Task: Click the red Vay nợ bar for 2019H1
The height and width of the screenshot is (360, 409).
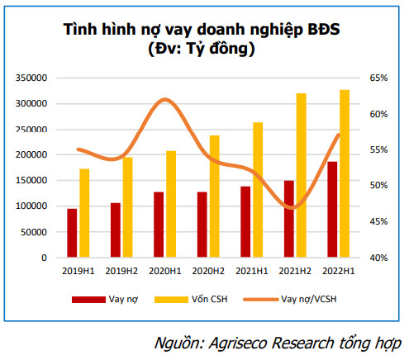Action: tap(73, 233)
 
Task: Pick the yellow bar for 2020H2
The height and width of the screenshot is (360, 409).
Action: tap(214, 197)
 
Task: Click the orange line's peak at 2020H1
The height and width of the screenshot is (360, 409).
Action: tap(166, 99)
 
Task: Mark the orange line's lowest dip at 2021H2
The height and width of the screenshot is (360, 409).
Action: tap(291, 208)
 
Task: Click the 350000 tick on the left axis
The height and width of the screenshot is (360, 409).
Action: tap(31, 78)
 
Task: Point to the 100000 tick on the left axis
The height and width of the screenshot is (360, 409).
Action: tap(31, 206)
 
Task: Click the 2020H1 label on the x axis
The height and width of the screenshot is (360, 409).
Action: tap(164, 270)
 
